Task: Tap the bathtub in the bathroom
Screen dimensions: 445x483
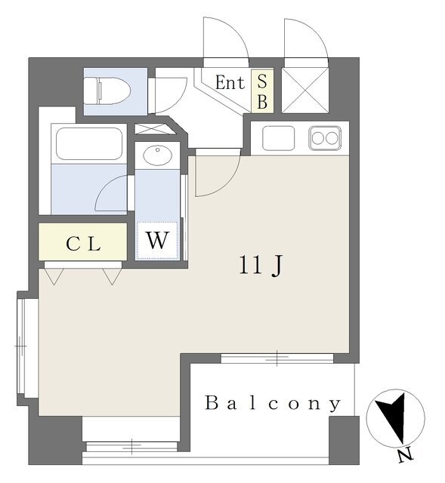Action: (x=89, y=143)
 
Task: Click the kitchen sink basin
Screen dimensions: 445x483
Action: (x=278, y=138)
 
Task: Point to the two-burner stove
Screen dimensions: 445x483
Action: (x=325, y=138)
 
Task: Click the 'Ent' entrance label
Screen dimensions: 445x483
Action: (x=230, y=82)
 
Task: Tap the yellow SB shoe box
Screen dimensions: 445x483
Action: (x=262, y=91)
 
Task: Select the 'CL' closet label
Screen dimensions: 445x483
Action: (x=83, y=244)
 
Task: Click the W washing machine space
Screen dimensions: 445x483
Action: (x=158, y=240)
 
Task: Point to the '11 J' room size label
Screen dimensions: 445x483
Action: (x=261, y=266)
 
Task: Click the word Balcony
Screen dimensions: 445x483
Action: (x=273, y=404)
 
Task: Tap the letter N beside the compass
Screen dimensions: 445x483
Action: (x=405, y=456)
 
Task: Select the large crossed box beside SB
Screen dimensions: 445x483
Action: (x=305, y=91)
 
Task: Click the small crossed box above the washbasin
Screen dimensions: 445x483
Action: (x=155, y=129)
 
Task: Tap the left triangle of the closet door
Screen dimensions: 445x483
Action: (x=54, y=275)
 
